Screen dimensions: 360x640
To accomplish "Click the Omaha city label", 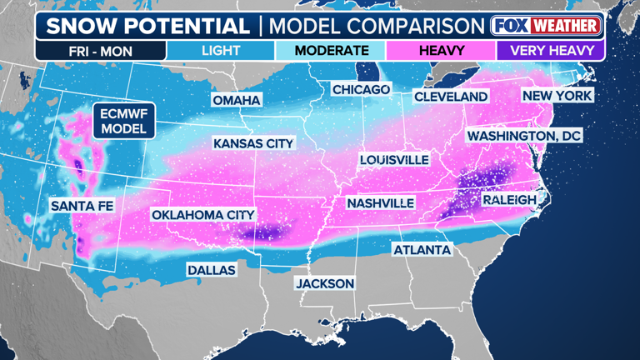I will click(237, 101).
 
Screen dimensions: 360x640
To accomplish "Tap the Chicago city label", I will click(361, 89).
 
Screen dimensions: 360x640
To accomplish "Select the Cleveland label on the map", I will click(451, 97).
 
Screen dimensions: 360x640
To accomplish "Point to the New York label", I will click(557, 96).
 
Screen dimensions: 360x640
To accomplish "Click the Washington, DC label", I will click(524, 135).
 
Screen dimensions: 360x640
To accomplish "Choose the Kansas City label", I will click(253, 143).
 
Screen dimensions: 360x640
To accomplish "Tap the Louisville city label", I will click(394, 159).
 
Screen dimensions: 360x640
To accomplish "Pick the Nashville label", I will click(380, 202).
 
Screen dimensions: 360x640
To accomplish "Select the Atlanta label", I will click(422, 250).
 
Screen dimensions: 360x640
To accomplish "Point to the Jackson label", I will click(324, 283).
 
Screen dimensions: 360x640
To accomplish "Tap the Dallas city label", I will click(211, 270).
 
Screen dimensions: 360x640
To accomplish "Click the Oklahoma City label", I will click(202, 215).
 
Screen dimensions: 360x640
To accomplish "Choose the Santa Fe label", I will click(82, 205).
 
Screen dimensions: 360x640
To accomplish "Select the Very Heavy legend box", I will click(551, 50).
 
